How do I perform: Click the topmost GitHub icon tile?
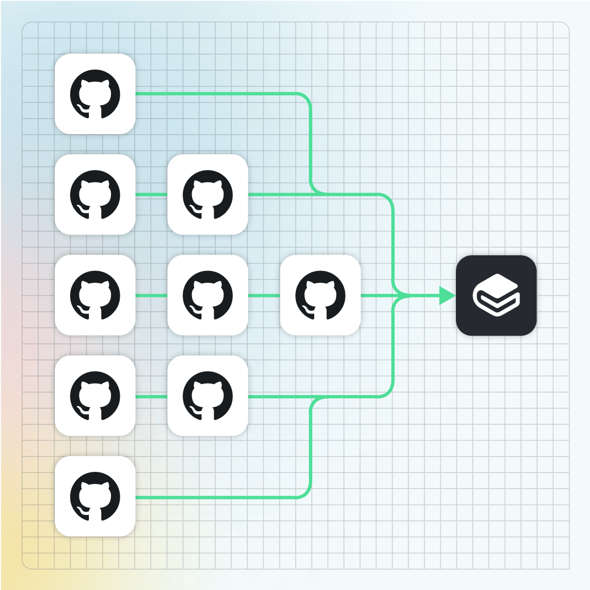95,94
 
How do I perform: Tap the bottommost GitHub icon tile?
95,497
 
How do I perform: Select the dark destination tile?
496,295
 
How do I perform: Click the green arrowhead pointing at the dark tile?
446,295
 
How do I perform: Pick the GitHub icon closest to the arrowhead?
320,295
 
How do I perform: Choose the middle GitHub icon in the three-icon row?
208,295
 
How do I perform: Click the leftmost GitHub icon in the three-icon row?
95,295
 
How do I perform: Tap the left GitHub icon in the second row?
95,194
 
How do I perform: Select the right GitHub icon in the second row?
208,194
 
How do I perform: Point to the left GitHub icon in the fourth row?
95,396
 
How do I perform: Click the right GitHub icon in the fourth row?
208,396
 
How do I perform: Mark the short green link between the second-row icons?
151,194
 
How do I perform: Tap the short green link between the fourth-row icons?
151,396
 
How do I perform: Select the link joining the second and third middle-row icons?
264,296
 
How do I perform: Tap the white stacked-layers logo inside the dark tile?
497,295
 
